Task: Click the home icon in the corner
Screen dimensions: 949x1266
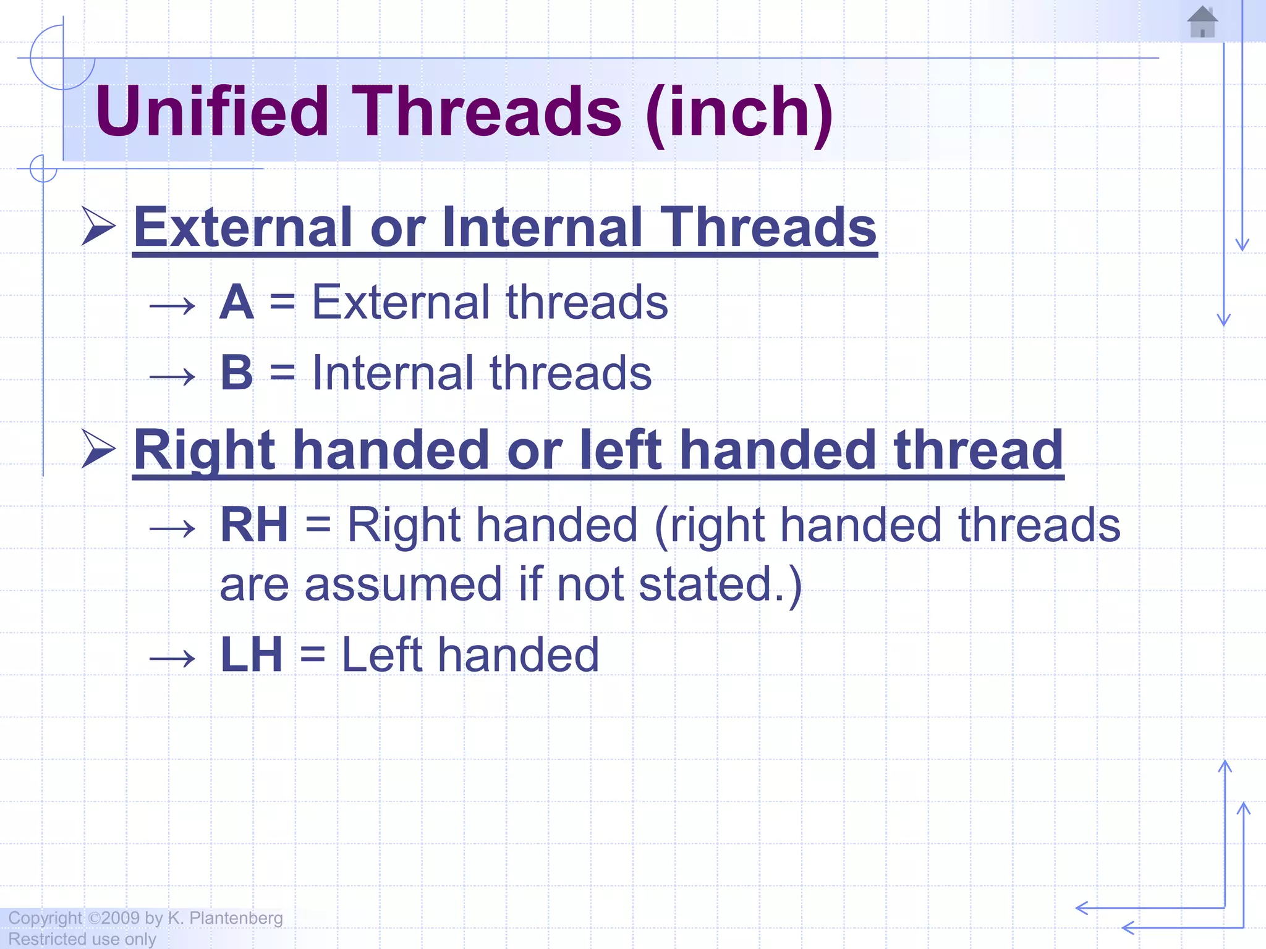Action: (1202, 22)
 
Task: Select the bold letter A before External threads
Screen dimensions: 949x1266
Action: (237, 302)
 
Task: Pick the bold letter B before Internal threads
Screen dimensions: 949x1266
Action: (237, 373)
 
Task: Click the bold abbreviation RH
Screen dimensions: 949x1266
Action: (254, 525)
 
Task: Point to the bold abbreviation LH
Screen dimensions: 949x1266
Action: (252, 655)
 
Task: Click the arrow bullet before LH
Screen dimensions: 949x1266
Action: (172, 659)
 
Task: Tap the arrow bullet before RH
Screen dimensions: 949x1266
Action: (172, 529)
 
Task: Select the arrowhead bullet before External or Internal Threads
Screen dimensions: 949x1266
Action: (99, 226)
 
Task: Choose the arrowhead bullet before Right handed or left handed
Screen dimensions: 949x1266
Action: (99, 449)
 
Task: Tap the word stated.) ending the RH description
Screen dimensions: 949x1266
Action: (720, 584)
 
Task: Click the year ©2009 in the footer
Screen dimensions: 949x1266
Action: (114, 918)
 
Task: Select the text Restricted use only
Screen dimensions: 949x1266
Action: (82, 939)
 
